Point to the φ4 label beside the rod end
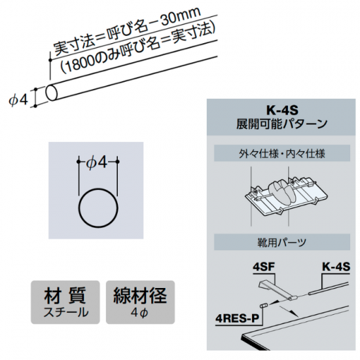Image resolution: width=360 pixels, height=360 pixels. [19, 100]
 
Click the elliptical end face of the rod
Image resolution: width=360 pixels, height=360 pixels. [52, 92]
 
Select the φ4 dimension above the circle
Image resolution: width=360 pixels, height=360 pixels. [98, 163]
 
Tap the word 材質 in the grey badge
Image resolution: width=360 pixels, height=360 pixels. [65, 296]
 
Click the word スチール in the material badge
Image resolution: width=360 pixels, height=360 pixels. [66, 312]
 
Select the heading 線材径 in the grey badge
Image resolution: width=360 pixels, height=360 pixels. [140, 296]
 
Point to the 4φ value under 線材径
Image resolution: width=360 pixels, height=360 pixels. [139, 312]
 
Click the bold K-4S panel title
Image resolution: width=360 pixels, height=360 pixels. [282, 110]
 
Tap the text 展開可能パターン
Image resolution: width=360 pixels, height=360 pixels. [282, 124]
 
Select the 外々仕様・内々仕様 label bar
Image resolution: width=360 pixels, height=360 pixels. [282, 153]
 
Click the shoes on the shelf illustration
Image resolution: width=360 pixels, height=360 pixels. [281, 190]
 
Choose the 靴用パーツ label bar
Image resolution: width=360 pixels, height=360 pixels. [282, 242]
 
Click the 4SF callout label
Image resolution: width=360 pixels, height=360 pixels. [264, 267]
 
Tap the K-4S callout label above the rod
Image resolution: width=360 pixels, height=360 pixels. [336, 267]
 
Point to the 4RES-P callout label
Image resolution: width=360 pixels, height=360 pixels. [237, 319]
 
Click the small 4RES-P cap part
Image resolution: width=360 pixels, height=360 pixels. [263, 306]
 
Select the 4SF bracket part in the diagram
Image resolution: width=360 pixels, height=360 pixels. [278, 290]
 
